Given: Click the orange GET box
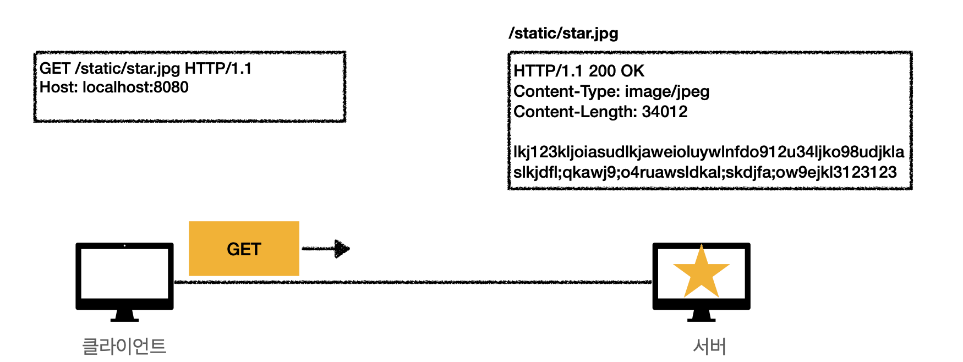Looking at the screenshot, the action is coord(244,249).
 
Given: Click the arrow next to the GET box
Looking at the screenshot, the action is coord(326,249).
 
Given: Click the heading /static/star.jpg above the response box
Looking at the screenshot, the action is coord(563,34).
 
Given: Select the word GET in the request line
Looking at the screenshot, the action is coord(55,68).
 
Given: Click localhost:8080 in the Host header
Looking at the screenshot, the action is coord(135,87).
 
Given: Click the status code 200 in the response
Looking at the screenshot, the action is coord(602,71).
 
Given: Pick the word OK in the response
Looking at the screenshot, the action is coord(632,71).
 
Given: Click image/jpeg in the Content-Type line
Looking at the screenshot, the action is coord(667,91).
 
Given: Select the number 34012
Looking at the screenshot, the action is coord(665,112).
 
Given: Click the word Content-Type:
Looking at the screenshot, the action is coord(567,91).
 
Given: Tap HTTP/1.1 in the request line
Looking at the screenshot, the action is coord(218,68).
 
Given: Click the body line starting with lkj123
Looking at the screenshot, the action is coord(709,152).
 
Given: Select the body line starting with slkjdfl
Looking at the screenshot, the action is coord(705,172).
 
